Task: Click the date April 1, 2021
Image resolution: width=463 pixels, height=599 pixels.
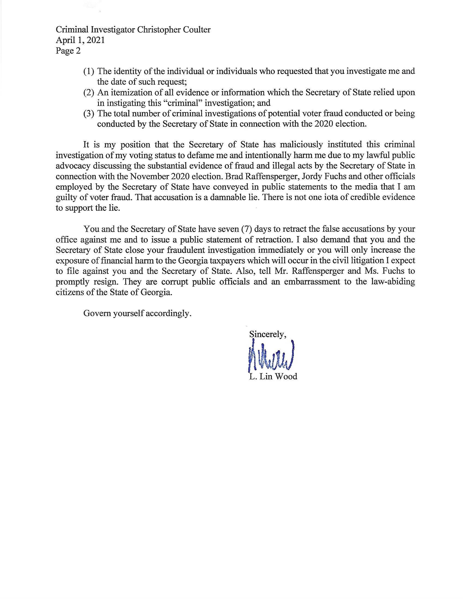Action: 80,40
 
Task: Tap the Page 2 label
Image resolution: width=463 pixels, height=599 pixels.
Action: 68,51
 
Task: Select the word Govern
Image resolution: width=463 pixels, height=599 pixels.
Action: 97,313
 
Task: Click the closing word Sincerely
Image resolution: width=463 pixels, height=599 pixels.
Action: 267,334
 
